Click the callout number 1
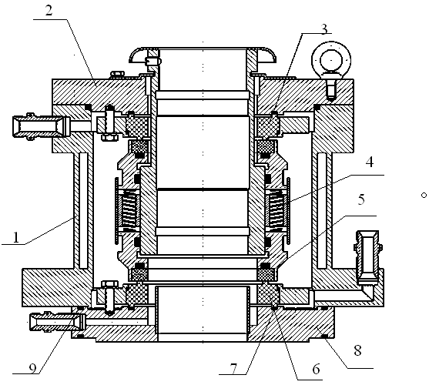[x=16, y=237]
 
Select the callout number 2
[x=49, y=11]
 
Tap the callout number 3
[x=324, y=29]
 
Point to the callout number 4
[x=370, y=162]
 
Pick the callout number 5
[x=361, y=199]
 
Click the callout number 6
[x=316, y=369]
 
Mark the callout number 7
[x=233, y=369]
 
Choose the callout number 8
[x=357, y=350]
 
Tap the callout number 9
[x=32, y=369]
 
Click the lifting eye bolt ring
[x=332, y=59]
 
